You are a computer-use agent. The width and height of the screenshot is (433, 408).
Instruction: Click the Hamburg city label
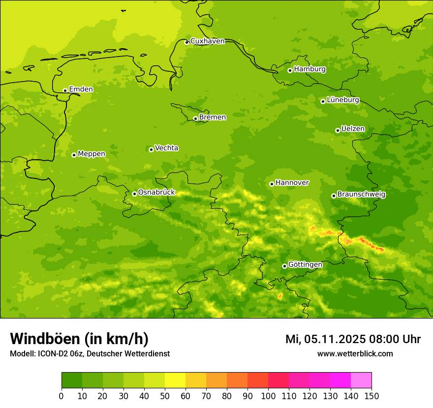pyautogui.click(x=309, y=69)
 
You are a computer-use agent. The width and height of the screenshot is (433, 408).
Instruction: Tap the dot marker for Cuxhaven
pyautogui.click(x=186, y=42)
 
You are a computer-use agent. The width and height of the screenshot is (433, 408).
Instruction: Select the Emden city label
pyautogui.click(x=81, y=89)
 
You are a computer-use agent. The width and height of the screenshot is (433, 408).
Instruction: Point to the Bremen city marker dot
pyautogui.click(x=195, y=118)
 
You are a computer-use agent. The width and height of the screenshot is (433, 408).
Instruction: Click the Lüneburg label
pyautogui.click(x=342, y=100)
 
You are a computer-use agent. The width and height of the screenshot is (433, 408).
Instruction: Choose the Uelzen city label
pyautogui.click(x=353, y=129)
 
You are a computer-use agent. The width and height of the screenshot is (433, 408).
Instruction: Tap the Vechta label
pyautogui.click(x=166, y=148)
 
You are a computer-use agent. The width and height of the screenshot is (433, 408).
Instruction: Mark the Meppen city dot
pyautogui.click(x=74, y=155)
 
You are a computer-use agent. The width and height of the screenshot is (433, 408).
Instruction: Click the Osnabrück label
pyautogui.click(x=156, y=192)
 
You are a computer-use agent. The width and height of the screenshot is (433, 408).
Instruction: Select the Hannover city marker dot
pyautogui.click(x=272, y=184)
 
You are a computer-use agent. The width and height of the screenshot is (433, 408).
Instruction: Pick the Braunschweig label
pyautogui.click(x=361, y=194)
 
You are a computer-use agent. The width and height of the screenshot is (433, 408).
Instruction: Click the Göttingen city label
pyautogui.click(x=305, y=264)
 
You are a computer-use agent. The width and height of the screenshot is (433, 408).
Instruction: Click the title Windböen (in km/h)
pyautogui.click(x=79, y=339)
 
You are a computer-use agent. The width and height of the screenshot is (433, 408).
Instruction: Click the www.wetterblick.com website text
pyautogui.click(x=355, y=353)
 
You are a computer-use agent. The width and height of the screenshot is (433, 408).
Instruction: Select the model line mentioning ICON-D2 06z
pyautogui.click(x=90, y=353)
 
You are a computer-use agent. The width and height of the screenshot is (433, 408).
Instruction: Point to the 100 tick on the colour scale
pyautogui.click(x=268, y=396)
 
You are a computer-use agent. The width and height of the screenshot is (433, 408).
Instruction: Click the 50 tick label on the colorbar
pyautogui.click(x=165, y=396)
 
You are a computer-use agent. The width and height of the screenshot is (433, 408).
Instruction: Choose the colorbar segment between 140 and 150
pyautogui.click(x=361, y=380)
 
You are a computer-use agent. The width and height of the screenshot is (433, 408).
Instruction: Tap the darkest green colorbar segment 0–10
pyautogui.click(x=72, y=380)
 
